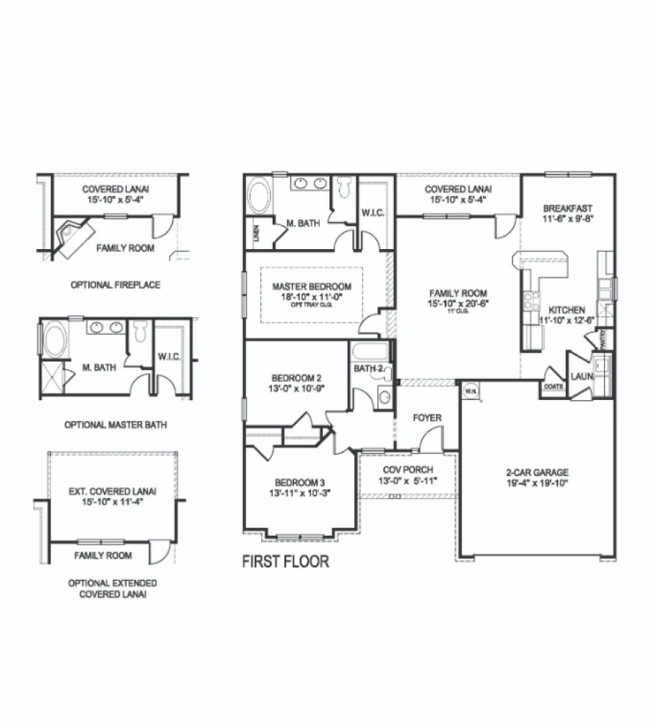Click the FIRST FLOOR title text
click(285, 561)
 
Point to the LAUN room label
click(580, 377)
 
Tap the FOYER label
click(427, 417)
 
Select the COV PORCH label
click(408, 470)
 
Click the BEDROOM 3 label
click(299, 482)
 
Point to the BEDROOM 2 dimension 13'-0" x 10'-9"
click(297, 388)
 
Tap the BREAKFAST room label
click(568, 208)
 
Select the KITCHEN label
click(566, 310)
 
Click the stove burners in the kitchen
click(529, 301)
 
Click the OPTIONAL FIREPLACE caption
click(115, 285)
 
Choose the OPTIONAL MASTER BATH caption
click(115, 425)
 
